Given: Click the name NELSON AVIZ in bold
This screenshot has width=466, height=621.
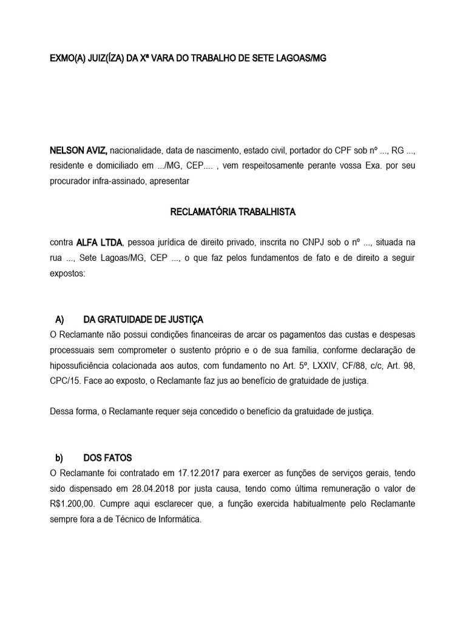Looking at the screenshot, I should tap(73, 150).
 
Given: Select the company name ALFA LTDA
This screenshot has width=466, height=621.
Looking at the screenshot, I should tap(100, 243).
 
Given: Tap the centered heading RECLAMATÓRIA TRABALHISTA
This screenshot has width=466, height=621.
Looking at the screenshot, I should tap(232, 212).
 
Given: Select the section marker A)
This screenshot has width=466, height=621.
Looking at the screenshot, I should tap(59, 320).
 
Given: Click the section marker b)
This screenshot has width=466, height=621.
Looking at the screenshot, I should tap(59, 458).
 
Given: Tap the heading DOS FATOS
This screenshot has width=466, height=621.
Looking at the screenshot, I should tap(107, 458).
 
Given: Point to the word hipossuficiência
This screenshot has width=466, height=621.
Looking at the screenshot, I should tap(83, 366).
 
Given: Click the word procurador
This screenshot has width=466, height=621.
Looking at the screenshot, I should tap(72, 181).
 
